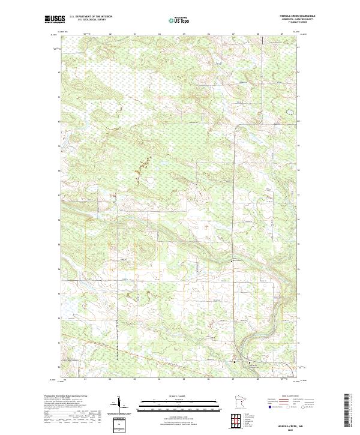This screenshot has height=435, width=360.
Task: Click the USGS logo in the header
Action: [55, 19]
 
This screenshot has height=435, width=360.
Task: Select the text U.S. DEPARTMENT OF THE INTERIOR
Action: [91, 17]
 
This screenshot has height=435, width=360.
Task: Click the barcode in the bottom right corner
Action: [347, 411]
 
